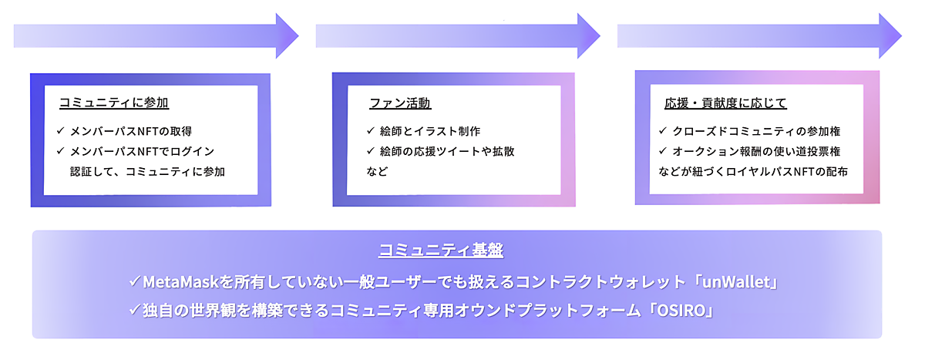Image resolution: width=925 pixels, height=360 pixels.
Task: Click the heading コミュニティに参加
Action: tap(113, 103)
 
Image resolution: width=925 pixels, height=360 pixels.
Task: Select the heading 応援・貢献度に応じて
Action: tap(725, 103)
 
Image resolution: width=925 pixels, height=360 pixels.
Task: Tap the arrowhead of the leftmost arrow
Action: tap(288, 35)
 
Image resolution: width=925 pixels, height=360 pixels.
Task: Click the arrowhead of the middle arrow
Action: tap(590, 35)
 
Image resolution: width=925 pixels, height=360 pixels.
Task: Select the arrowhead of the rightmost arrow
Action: tap(891, 35)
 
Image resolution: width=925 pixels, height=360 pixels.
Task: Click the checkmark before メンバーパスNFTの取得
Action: tap(60, 130)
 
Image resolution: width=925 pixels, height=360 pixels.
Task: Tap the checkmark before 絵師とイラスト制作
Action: tap(371, 130)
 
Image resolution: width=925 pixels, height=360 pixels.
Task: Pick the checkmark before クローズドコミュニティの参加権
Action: tap(662, 130)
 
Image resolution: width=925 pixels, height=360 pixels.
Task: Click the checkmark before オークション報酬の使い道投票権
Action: tap(662, 151)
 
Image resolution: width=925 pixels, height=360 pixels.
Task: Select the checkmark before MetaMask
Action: tap(135, 282)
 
